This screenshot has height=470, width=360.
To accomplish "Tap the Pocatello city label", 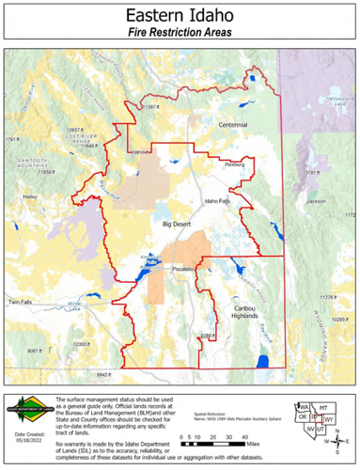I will coord(181,270).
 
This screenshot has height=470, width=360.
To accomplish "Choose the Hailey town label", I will coord(29,196).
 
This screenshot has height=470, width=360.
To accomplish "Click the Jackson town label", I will coord(316,201).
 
